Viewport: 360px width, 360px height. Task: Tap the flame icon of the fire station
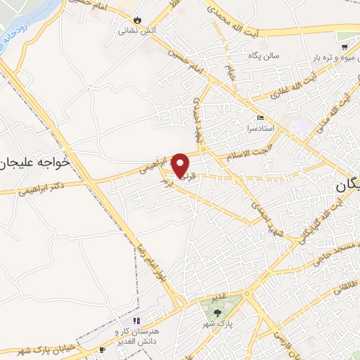click(137, 18)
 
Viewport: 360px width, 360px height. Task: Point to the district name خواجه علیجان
click(36, 162)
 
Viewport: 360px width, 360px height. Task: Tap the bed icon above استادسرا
click(260, 117)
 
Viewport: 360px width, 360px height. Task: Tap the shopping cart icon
click(343, 46)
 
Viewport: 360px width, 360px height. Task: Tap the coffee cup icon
click(102, 349)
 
